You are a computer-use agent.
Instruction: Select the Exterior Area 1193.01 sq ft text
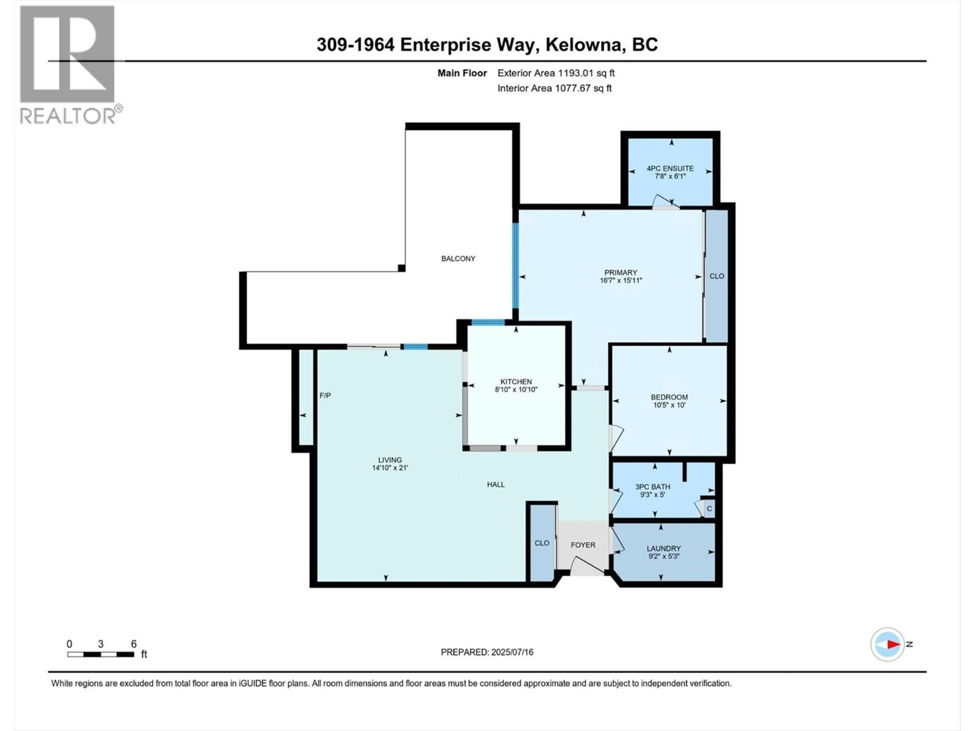(556, 73)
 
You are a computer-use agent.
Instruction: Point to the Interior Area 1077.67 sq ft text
(555, 88)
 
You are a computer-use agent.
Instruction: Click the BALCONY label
(458, 259)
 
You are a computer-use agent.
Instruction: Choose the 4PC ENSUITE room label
(670, 168)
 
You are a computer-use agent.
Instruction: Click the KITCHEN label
(516, 381)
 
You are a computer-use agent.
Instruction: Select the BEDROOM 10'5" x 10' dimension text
(669, 405)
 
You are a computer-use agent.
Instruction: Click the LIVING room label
(390, 460)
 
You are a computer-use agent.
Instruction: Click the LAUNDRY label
(663, 548)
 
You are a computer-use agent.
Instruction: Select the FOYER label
(583, 545)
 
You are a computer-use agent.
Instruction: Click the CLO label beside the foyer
(542, 543)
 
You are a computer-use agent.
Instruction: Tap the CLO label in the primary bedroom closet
(717, 276)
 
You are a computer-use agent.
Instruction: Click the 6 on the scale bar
(134, 644)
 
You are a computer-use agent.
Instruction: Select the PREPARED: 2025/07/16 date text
(487, 652)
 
